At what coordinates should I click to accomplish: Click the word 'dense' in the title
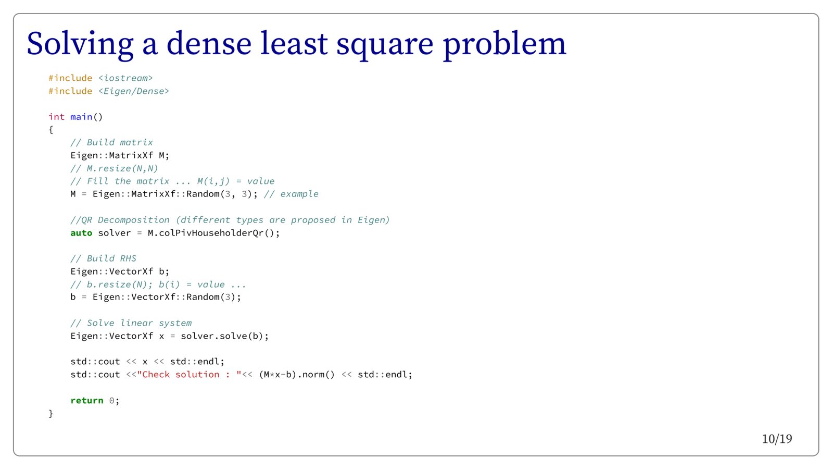point(209,44)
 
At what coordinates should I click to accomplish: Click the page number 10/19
point(777,439)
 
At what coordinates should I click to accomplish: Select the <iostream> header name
point(125,78)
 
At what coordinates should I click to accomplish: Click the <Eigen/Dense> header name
point(134,91)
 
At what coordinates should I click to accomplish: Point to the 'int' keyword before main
point(57,117)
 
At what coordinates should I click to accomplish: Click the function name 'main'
point(81,117)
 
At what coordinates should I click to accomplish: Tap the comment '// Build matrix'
point(111,143)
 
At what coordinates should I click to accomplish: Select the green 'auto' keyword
point(81,233)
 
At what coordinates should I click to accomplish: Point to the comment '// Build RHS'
point(104,258)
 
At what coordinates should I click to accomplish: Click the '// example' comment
point(291,194)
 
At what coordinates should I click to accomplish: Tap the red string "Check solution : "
point(190,374)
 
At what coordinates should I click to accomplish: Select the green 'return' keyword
point(86,400)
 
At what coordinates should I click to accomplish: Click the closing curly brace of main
point(51,413)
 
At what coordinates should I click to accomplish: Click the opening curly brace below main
point(51,130)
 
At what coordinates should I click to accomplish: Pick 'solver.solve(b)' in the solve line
point(222,336)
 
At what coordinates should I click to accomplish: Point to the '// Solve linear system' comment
point(131,323)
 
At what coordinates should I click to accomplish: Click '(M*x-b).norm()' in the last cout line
point(297,374)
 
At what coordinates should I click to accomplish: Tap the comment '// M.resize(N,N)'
point(114,169)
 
